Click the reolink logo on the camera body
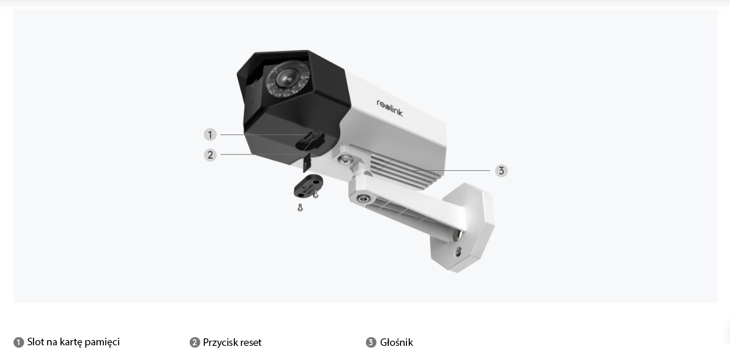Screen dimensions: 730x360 pos(390,108)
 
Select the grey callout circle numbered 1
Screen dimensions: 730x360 pos(210,134)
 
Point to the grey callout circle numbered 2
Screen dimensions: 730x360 pos(210,155)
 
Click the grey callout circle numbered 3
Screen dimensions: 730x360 pos(501,171)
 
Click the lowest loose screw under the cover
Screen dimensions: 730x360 pos(300,207)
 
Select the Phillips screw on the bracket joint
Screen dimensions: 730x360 pos(345,160)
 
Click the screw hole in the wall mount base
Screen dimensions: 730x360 pos(458,251)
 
